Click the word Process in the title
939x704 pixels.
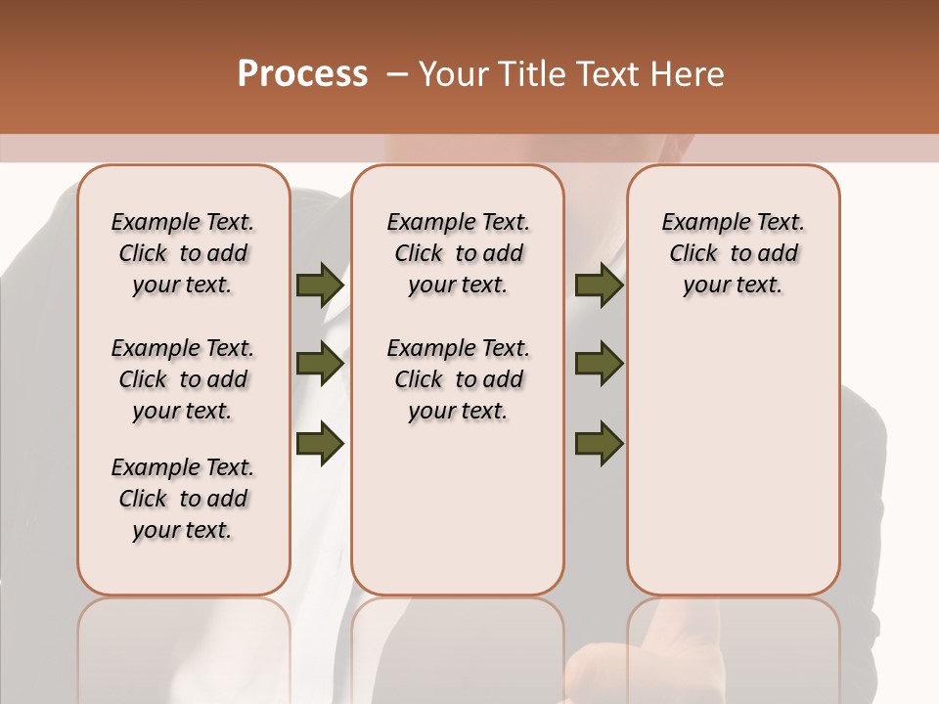point(302,73)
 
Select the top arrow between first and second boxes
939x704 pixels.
point(320,285)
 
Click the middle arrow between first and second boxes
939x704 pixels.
point(320,364)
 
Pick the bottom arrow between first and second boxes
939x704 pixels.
point(320,443)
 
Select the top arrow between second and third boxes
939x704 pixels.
point(599,285)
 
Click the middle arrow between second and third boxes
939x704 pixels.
point(599,364)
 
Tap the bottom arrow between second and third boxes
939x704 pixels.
point(599,443)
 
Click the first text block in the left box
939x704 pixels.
point(183,253)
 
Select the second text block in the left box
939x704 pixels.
point(183,379)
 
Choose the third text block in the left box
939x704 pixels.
point(183,499)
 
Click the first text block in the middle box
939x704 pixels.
point(458,253)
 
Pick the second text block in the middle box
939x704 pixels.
point(458,379)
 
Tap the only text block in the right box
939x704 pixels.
point(733,253)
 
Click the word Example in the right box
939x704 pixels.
point(698,223)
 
